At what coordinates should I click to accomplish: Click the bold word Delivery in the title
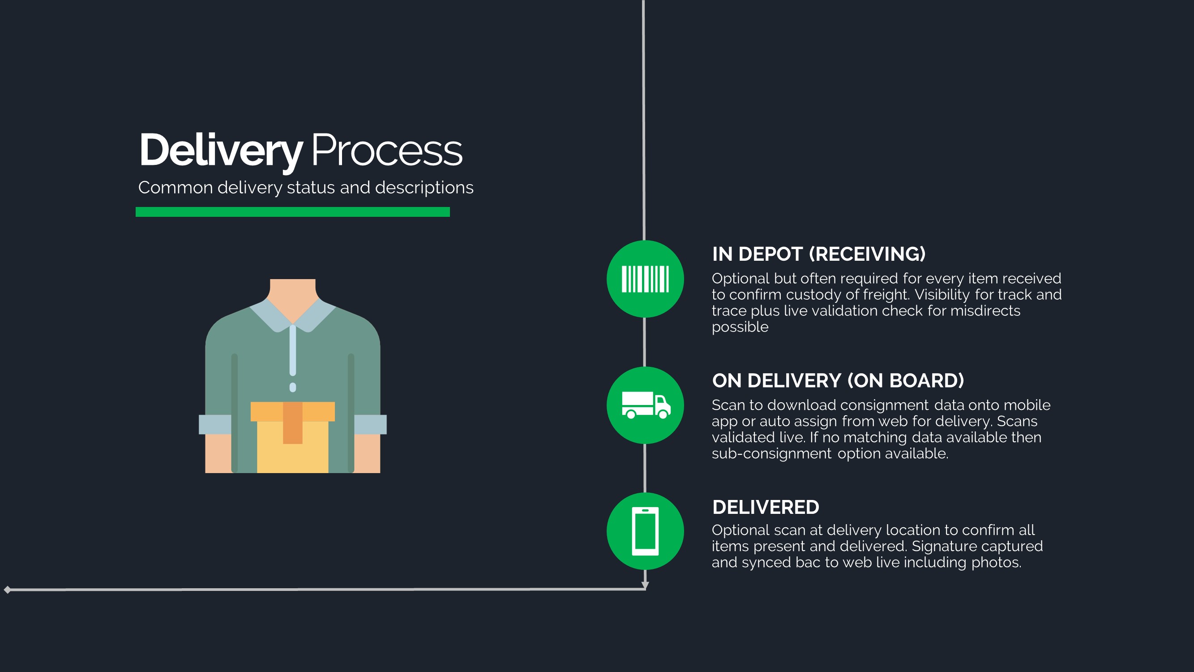coord(221,150)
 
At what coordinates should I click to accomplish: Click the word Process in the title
coord(386,150)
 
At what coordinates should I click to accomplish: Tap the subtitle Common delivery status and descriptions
coord(305,187)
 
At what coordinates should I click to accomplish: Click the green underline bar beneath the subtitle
coord(292,212)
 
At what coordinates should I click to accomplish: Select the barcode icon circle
coord(645,279)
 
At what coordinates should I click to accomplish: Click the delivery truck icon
coord(645,405)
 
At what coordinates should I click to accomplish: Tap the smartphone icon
coord(645,531)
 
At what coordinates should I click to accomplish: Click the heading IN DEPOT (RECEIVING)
coord(818,254)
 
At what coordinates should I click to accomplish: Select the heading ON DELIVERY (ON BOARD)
coord(838,381)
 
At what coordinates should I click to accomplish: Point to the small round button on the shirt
coord(292,387)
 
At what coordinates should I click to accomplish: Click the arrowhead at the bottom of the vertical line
coord(645,586)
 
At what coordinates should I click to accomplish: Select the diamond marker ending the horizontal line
coord(8,590)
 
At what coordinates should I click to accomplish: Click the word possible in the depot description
coord(740,327)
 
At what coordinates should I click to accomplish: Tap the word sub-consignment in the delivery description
coord(771,453)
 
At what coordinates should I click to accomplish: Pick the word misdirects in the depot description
coord(985,311)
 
